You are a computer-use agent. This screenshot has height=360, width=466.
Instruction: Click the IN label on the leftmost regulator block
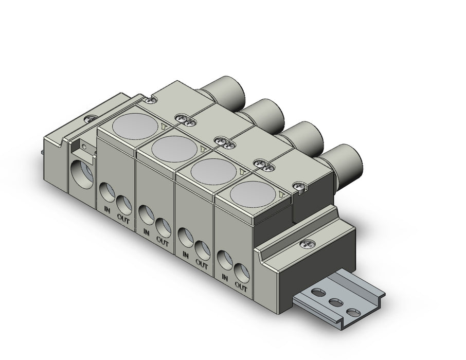pyautogui.click(x=107, y=210)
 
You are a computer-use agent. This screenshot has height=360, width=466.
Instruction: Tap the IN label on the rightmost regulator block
pyautogui.click(x=225, y=278)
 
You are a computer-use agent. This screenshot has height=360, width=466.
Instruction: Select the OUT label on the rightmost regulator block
pyautogui.click(x=241, y=287)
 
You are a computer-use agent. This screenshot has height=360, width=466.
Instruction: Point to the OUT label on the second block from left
pyautogui.click(x=163, y=241)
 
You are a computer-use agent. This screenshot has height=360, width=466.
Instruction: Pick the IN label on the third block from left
pyautogui.click(x=186, y=255)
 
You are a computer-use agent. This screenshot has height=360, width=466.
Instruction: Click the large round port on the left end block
pyautogui.click(x=81, y=174)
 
